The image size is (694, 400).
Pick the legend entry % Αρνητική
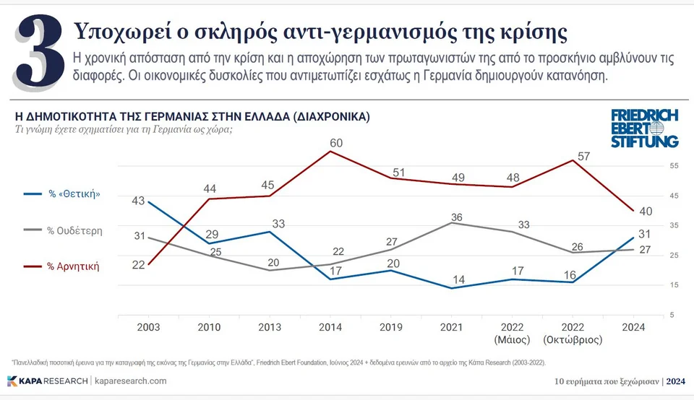click(73, 266)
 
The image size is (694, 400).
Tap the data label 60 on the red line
click(336, 143)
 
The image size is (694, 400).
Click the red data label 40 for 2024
click(647, 211)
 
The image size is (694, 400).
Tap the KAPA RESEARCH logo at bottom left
click(47, 381)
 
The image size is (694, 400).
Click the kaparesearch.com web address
click(131, 381)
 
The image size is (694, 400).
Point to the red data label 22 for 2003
click(138, 265)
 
